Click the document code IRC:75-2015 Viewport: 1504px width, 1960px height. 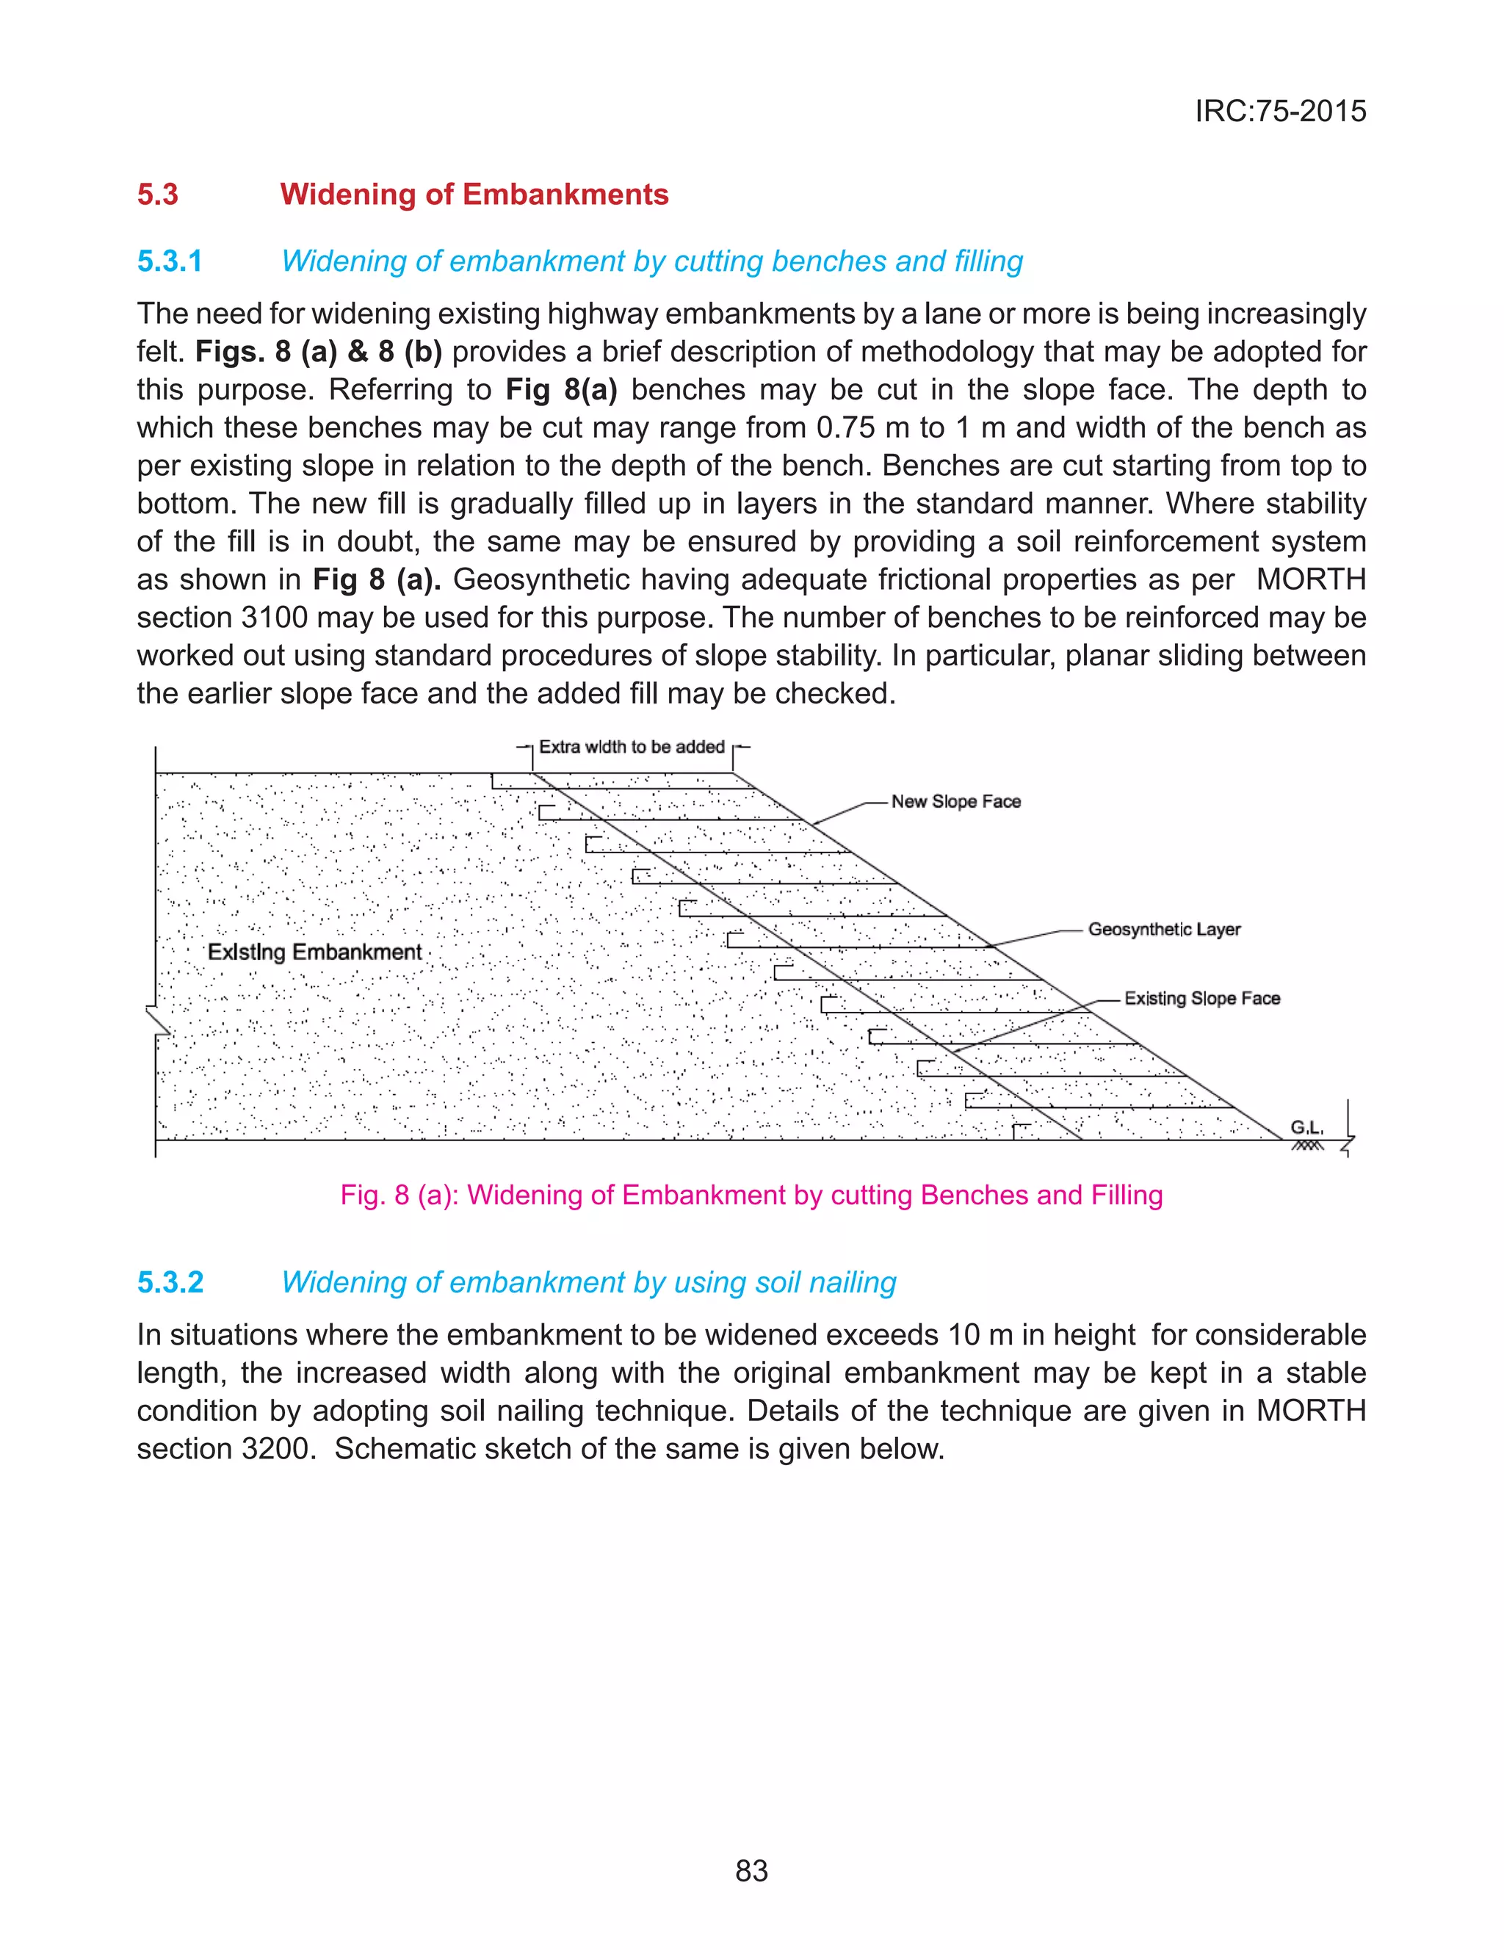click(1279, 111)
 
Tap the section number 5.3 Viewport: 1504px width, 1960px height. click(158, 194)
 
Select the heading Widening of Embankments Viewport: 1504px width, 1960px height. click(474, 194)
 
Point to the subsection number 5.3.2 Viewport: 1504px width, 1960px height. click(170, 1281)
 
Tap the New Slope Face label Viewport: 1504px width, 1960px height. click(955, 801)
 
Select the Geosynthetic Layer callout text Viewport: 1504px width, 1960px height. click(1164, 929)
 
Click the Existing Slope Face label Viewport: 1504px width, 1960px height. click(1201, 998)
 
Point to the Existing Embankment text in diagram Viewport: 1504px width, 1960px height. click(314, 952)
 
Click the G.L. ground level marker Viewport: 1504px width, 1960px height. click(1306, 1128)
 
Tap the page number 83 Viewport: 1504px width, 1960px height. click(751, 1870)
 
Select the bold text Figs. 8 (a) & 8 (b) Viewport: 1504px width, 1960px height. click(319, 352)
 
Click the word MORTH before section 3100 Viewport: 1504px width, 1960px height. click(1311, 579)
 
